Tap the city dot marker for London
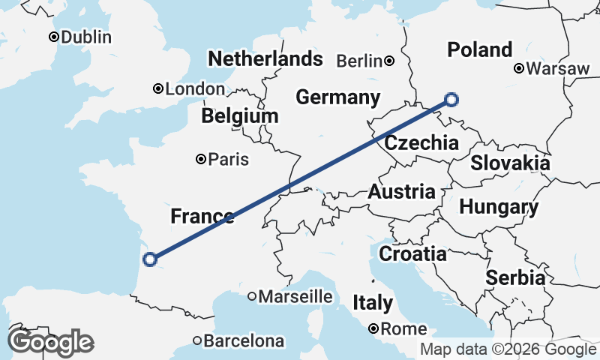158,88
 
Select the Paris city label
228,160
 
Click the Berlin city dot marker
389,61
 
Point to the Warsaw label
558,69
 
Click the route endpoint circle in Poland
451,98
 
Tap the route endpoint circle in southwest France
149,259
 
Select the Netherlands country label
265,59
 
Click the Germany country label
337,97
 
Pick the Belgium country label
239,117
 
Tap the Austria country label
401,191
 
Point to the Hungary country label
499,207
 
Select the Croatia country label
412,253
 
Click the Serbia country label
515,277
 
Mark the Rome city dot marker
373,328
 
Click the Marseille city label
295,297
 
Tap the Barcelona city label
244,341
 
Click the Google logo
50,342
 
